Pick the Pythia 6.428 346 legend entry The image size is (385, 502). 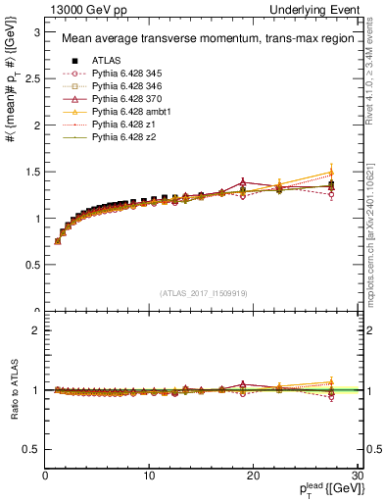point(123,85)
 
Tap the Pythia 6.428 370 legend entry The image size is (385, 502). point(123,99)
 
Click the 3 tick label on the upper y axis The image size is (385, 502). point(35,32)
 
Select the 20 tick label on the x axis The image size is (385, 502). point(253,477)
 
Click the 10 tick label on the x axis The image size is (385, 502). point(149,477)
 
